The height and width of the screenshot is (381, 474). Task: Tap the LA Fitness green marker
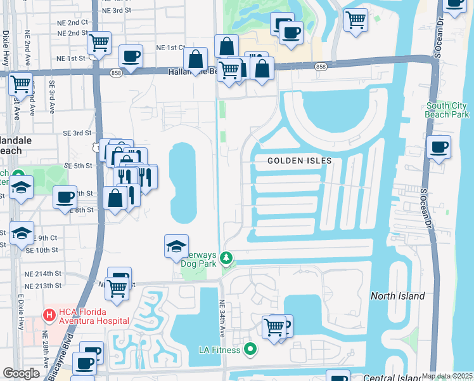tap(250, 349)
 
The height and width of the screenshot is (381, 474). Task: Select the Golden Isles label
tap(299, 161)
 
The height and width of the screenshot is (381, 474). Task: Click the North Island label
tap(397, 296)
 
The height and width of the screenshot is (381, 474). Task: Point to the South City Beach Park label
tap(448, 110)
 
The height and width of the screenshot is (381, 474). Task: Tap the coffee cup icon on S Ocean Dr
tap(439, 147)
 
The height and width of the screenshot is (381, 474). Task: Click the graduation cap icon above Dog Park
tap(176, 246)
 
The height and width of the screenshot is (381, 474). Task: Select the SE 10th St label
tap(42, 250)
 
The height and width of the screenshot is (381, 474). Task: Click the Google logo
tap(21, 373)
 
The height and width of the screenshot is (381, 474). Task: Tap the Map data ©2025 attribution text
tap(447, 376)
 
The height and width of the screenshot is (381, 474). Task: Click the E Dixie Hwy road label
tap(20, 312)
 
